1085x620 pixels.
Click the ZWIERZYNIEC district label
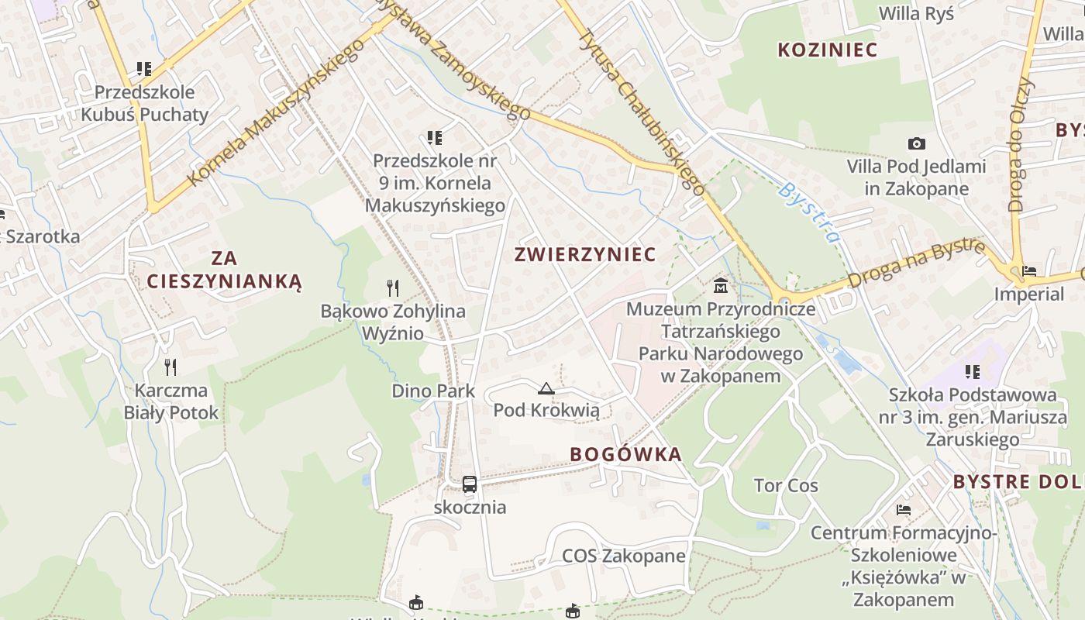tap(585, 254)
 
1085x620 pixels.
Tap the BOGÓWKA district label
tap(625, 454)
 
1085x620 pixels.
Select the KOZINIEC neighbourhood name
tap(827, 50)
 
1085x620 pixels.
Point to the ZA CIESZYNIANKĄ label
tap(224, 270)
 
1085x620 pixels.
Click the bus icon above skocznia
tap(470, 484)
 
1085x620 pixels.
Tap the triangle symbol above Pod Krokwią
tap(546, 388)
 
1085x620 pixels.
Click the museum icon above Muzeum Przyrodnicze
tap(721, 286)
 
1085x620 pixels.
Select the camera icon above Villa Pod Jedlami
tap(917, 143)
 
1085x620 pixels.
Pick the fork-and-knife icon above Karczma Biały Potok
tap(171, 367)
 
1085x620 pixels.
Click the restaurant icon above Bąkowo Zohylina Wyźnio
tap(393, 288)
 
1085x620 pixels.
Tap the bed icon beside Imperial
tap(1029, 271)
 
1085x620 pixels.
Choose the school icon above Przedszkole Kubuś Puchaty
tap(144, 69)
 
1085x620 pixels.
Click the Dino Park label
tap(433, 391)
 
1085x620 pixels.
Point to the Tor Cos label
tap(786, 486)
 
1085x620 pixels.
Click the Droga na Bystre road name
tap(916, 264)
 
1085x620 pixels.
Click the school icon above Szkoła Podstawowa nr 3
tap(973, 372)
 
